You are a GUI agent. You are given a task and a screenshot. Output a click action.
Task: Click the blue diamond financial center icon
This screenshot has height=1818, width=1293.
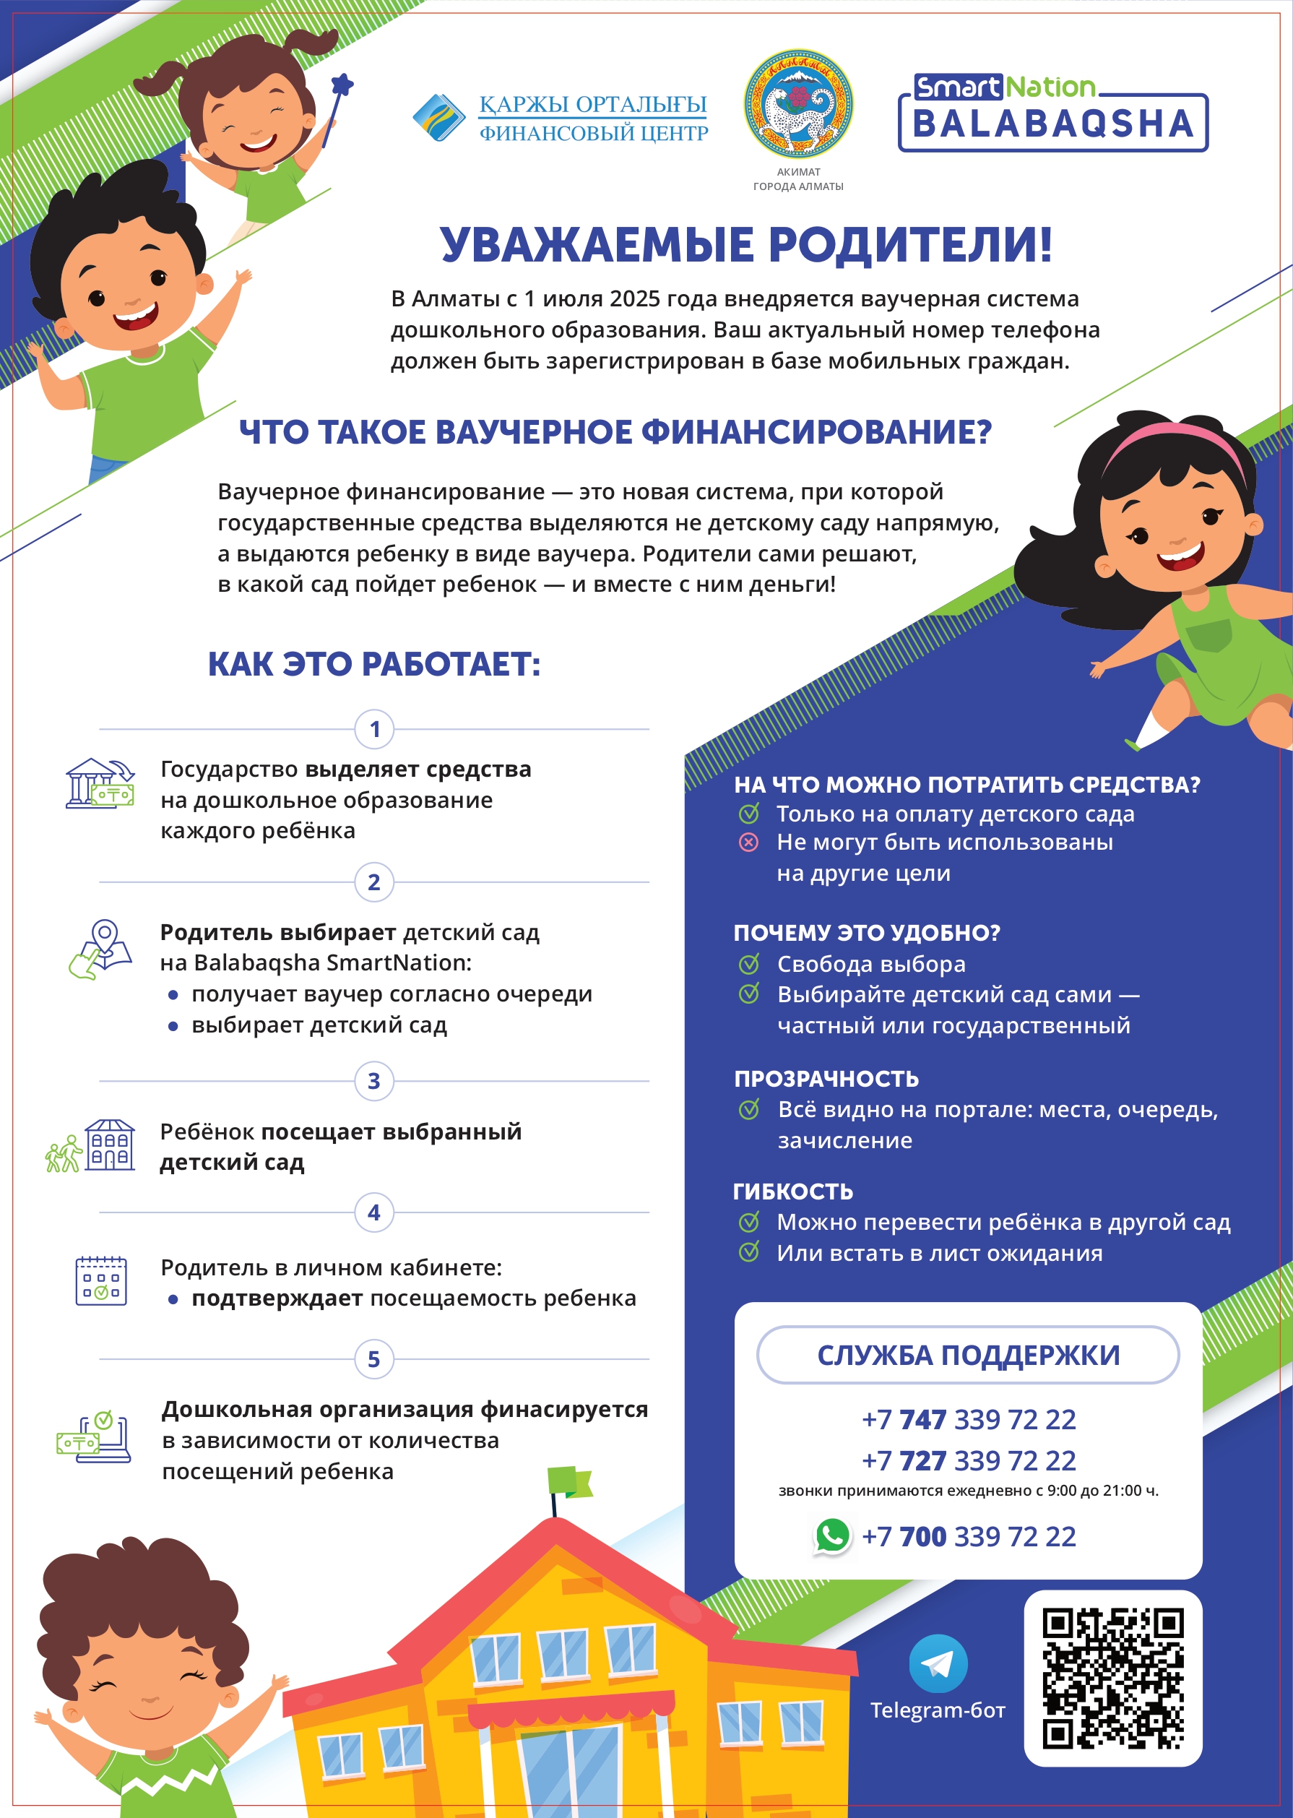point(438,118)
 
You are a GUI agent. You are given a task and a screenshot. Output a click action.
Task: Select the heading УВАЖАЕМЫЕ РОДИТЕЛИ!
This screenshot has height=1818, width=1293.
point(746,244)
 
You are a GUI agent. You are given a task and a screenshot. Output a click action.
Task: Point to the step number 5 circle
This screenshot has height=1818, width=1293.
point(374,1359)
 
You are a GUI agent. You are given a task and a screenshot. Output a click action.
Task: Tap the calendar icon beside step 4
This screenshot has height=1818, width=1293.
point(101,1281)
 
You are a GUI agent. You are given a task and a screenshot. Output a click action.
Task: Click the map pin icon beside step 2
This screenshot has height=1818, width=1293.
point(101,949)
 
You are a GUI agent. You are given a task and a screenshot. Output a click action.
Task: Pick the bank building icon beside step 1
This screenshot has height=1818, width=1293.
point(100,783)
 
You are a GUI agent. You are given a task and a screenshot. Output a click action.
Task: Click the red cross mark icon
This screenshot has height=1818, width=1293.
point(748,843)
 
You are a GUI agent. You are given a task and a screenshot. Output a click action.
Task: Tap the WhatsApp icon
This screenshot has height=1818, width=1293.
point(832,1535)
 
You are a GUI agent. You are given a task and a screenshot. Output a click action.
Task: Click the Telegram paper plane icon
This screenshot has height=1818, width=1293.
point(938,1663)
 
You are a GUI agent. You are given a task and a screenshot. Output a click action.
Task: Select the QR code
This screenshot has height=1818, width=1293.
point(1112,1679)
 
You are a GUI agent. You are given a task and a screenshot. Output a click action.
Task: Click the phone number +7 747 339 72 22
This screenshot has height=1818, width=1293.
point(968,1419)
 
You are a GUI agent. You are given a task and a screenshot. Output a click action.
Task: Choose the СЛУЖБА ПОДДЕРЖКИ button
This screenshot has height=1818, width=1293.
point(967,1355)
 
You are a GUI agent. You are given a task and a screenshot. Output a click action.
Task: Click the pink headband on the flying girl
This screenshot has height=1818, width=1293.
point(1175,439)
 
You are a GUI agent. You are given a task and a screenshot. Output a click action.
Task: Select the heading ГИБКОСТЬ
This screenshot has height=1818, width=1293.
point(792,1192)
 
